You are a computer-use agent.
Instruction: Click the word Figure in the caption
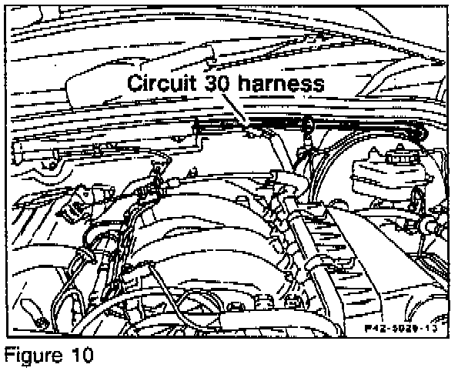[32, 356]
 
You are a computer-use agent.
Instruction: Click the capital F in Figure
[9, 356]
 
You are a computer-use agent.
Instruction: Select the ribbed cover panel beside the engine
[339, 231]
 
